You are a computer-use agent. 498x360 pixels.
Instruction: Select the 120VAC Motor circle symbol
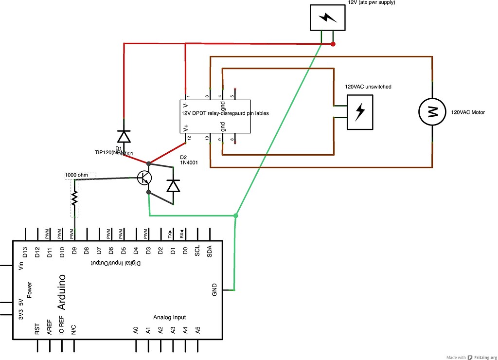click(x=432, y=111)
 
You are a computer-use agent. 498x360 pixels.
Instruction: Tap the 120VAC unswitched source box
click(x=360, y=111)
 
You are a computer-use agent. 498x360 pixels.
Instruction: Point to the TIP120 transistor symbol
click(x=144, y=178)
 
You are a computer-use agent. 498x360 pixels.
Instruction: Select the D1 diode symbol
click(x=124, y=136)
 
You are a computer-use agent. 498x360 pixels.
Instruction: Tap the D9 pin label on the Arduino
click(x=74, y=252)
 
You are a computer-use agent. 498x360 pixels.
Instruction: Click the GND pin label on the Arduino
click(x=214, y=290)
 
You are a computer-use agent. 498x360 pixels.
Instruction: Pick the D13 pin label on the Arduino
click(x=25, y=252)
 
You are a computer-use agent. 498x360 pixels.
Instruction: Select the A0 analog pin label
click(x=136, y=330)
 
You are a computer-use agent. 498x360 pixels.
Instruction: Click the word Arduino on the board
click(x=62, y=292)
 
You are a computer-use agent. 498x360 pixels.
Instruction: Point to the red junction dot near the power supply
click(x=333, y=44)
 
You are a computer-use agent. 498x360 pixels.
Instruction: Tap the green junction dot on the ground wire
click(x=236, y=215)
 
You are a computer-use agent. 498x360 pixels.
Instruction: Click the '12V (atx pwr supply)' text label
click(x=372, y=3)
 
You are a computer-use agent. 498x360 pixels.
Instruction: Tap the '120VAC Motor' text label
click(x=468, y=112)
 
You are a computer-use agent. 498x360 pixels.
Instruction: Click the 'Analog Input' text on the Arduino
click(x=169, y=317)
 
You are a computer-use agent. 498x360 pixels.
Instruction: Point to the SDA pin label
click(x=210, y=252)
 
